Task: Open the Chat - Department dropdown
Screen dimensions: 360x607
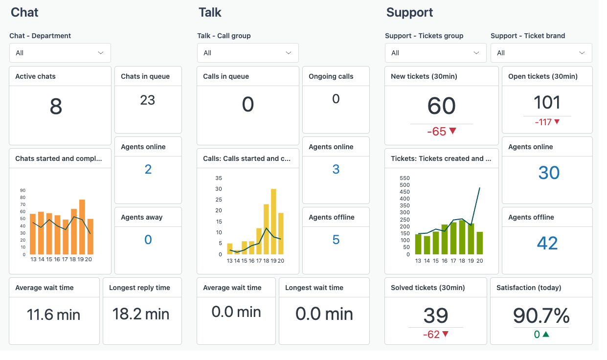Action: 60,53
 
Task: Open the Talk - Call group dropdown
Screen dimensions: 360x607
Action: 247,53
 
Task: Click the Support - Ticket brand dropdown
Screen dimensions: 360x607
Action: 541,53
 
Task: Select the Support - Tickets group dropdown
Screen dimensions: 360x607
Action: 435,53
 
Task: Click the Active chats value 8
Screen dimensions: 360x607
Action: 56,107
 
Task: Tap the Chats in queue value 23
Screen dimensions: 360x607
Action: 147,100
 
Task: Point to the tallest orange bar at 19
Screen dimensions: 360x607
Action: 82,227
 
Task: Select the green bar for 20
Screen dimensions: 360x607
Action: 479,243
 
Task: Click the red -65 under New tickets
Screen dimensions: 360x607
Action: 436,132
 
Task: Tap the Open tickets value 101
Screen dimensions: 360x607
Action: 547,103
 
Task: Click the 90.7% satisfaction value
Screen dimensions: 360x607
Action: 541,316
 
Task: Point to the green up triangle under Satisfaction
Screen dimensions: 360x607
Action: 546,335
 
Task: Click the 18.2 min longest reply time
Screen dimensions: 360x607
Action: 141,314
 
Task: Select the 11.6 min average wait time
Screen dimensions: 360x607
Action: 54,314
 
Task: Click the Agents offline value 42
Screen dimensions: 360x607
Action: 547,243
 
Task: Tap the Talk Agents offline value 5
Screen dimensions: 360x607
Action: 336,240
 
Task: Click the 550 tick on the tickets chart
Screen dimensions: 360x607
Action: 405,178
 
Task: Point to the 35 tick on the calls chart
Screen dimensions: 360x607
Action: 219,178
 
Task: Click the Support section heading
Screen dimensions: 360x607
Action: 409,12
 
